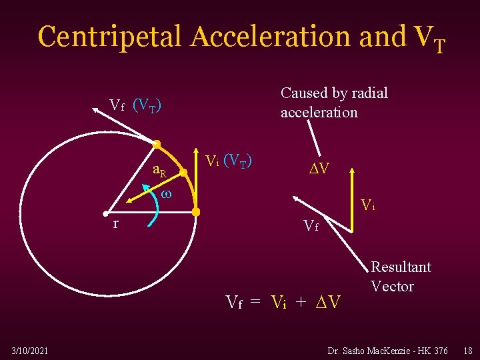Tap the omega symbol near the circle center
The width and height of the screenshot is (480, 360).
click(167, 195)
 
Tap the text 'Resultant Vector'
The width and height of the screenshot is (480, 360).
click(401, 276)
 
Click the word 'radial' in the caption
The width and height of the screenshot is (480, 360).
click(366, 93)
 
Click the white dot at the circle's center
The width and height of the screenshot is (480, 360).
click(105, 213)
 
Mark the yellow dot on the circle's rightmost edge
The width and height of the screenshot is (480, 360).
click(197, 212)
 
